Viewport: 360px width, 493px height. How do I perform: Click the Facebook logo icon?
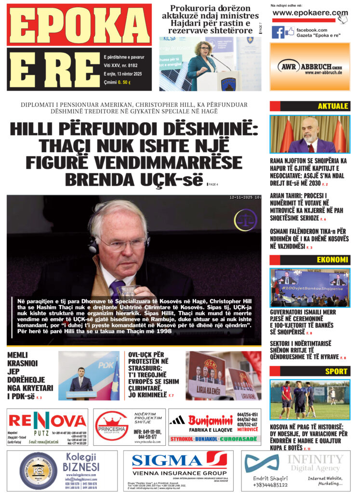278,32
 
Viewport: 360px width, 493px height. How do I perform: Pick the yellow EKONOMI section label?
332,260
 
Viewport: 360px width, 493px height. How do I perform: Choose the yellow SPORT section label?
336,371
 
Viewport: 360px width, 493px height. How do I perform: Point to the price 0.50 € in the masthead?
124,82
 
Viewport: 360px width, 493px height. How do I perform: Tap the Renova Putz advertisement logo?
47,421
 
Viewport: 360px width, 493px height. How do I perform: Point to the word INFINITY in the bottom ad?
315,458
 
